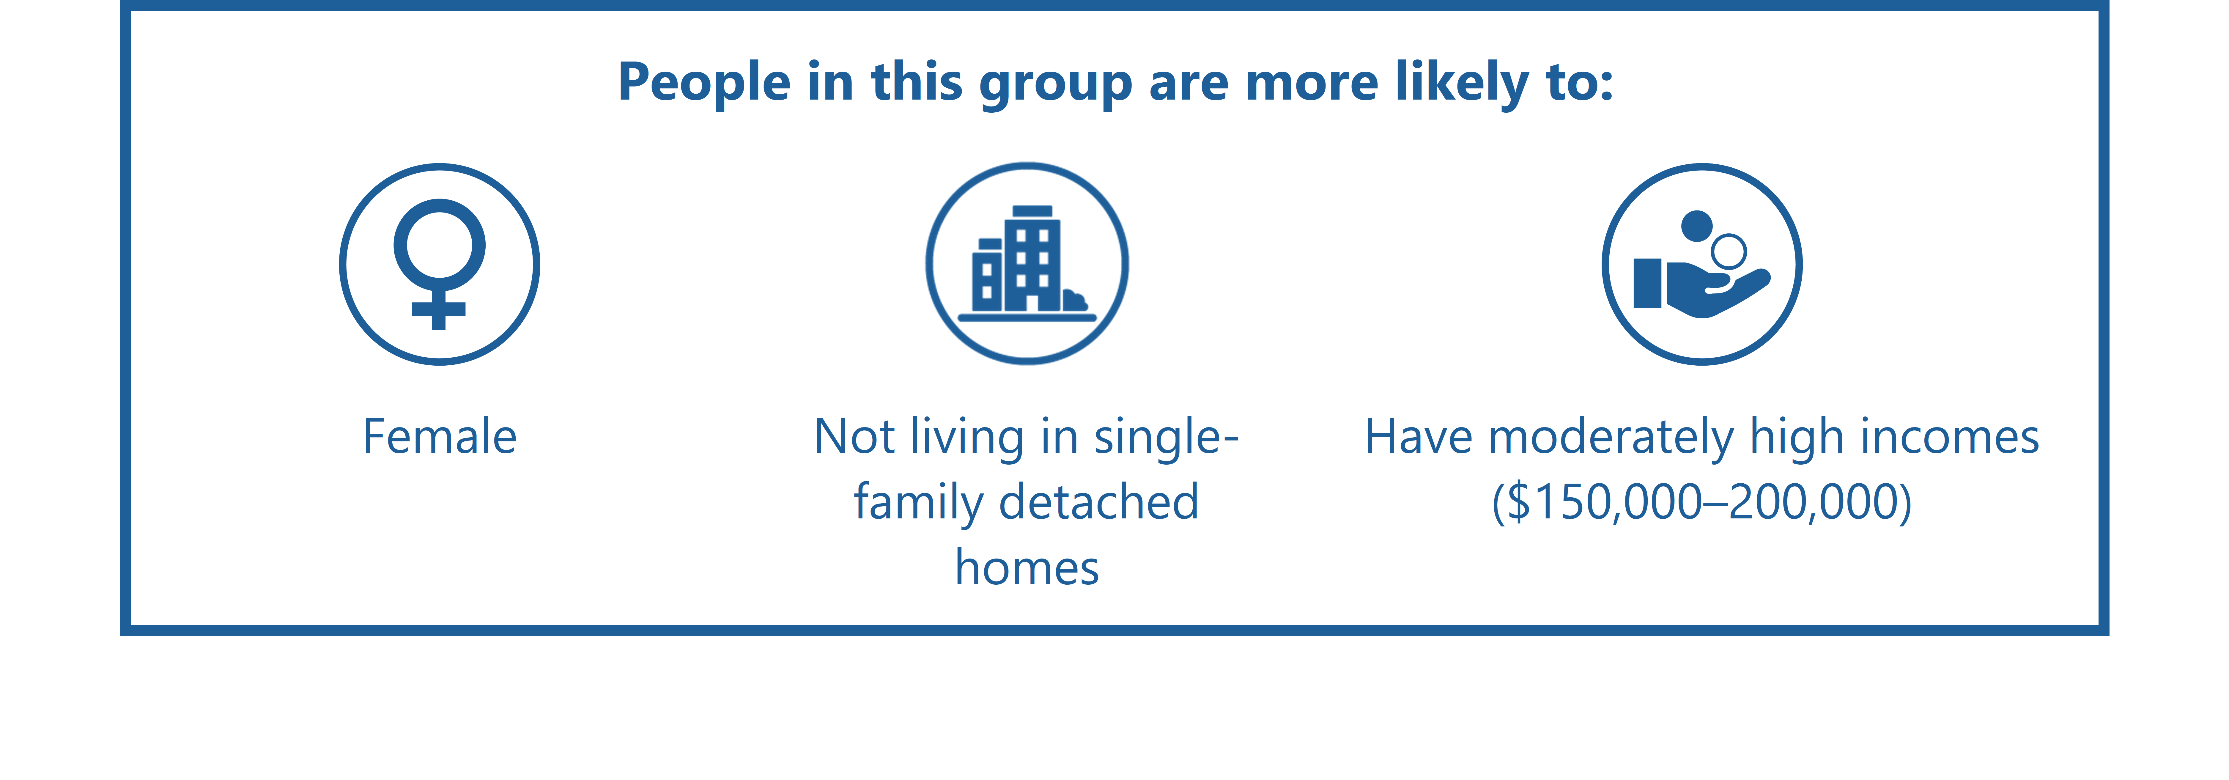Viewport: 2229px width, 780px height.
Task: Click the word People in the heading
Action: click(x=704, y=83)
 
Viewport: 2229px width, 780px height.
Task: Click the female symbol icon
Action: click(x=440, y=264)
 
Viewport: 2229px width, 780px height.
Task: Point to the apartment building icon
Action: click(x=1027, y=263)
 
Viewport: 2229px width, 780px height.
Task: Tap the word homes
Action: click(x=1027, y=569)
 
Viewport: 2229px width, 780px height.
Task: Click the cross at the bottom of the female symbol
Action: click(x=439, y=309)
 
